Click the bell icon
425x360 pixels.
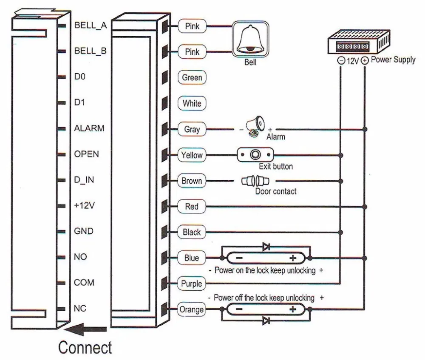(250, 39)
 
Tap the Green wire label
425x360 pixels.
(192, 77)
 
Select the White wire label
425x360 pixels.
(192, 103)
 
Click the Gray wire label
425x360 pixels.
(192, 129)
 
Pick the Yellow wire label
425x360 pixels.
(192, 155)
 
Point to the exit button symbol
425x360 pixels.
(255, 155)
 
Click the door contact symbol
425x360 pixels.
(255, 181)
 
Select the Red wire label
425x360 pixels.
(192, 207)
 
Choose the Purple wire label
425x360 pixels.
(192, 283)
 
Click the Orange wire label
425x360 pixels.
(192, 309)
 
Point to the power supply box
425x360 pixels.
(359, 42)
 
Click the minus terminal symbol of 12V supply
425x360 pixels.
(341, 60)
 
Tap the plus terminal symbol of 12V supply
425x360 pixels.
(365, 60)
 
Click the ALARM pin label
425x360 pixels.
(89, 128)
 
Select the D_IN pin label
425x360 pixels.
(84, 180)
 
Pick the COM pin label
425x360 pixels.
(84, 283)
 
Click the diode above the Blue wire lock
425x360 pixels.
(266, 247)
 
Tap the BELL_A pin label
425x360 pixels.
(91, 25)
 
